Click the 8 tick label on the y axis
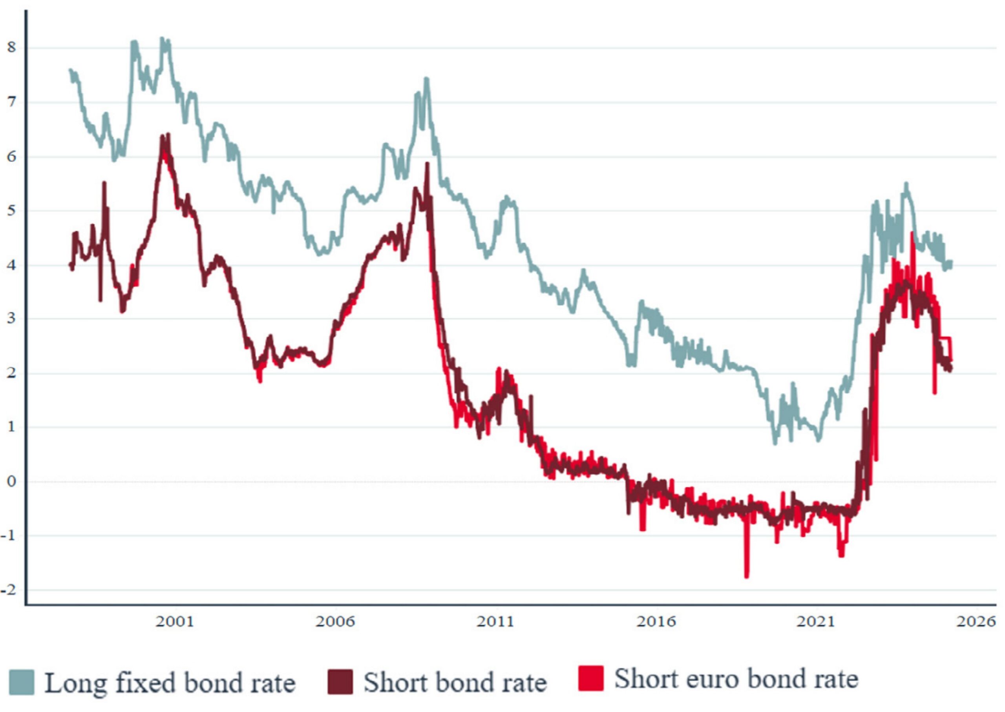tap(11, 47)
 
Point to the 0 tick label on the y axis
tap(11, 481)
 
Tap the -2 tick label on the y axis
tap(9, 590)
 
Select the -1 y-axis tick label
tap(9, 535)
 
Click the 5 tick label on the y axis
tap(11, 210)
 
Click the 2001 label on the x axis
tap(175, 622)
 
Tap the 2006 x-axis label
tap(335, 622)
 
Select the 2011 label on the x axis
tap(495, 622)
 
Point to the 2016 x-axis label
tap(656, 622)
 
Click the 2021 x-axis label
tap(816, 622)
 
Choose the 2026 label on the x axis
tap(976, 622)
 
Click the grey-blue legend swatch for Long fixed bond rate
tap(22, 682)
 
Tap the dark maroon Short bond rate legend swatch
tap(340, 682)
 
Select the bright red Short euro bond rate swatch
tap(590, 678)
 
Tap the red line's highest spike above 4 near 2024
tap(912, 233)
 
